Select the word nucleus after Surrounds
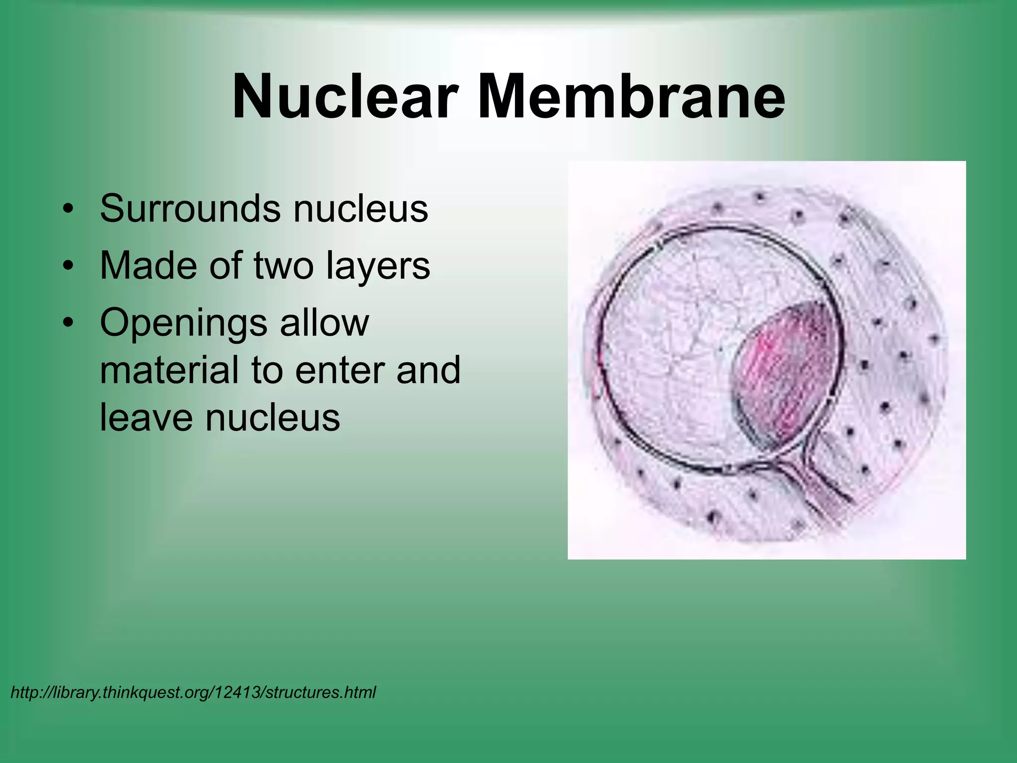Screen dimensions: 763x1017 pyautogui.click(x=361, y=209)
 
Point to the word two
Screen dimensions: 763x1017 pyautogui.click(x=284, y=266)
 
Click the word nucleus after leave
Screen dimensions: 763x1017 pyautogui.click(x=273, y=418)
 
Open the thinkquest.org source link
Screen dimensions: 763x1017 pyautogui.click(x=193, y=692)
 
